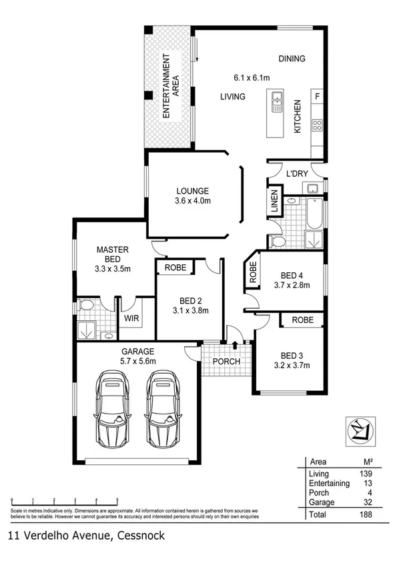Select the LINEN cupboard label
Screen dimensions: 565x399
point(274,203)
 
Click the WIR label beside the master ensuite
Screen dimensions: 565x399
point(130,318)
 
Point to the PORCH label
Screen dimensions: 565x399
point(226,362)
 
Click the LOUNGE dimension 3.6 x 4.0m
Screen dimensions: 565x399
point(193,201)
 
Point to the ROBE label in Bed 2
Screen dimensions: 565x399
point(175,267)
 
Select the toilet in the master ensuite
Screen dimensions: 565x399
point(85,306)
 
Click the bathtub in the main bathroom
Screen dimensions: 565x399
point(314,215)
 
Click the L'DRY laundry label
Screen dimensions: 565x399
point(296,174)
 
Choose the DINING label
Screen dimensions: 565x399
point(292,59)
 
